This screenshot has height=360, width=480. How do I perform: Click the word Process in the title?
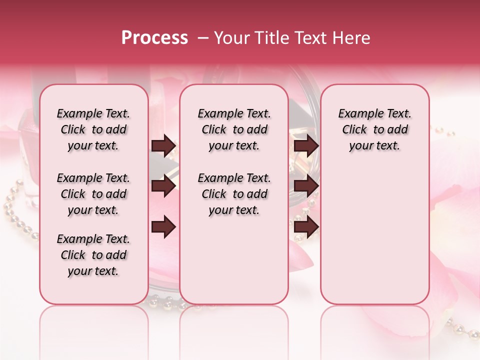(x=154, y=38)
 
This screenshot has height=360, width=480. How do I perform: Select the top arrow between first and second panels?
(x=163, y=146)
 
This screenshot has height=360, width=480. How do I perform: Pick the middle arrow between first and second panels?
(x=163, y=186)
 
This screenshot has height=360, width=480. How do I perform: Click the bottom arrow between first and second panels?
(x=163, y=227)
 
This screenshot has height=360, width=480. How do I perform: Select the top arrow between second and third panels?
(x=306, y=146)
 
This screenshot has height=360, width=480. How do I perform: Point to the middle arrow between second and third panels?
(x=306, y=186)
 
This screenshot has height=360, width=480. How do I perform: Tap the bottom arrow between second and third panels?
(x=306, y=227)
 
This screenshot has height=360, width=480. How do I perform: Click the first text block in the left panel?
(x=93, y=129)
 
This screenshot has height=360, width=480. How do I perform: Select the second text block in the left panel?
(x=93, y=194)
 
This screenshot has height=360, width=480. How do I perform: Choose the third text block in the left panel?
(x=93, y=255)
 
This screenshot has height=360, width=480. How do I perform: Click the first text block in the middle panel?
(x=234, y=129)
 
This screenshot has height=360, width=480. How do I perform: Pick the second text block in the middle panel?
(x=234, y=194)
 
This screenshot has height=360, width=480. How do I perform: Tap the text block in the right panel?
(x=375, y=129)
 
